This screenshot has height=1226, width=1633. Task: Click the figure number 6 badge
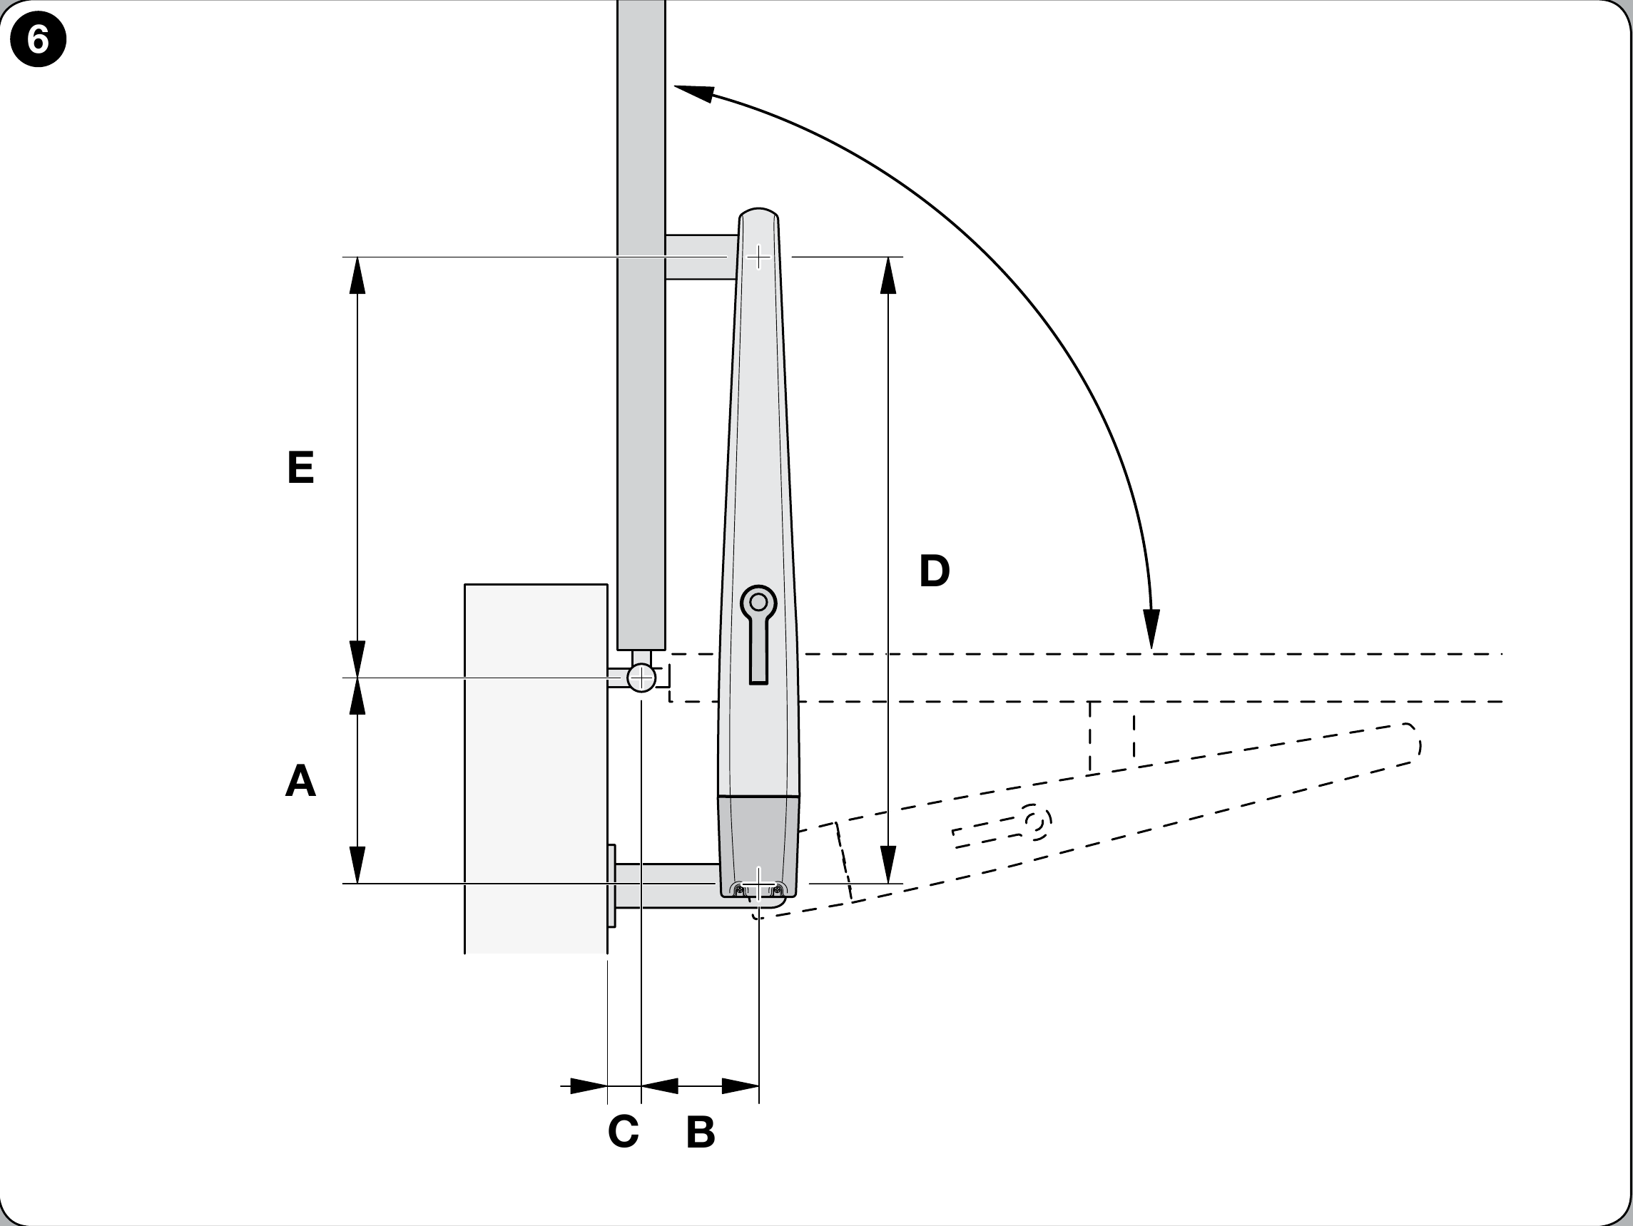point(38,39)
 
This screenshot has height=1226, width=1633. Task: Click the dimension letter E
point(300,467)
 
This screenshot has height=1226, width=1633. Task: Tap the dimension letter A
point(300,780)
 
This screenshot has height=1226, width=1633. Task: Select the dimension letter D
point(934,571)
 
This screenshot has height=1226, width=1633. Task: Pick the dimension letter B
point(701,1132)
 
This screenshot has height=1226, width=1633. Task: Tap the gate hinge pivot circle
point(641,678)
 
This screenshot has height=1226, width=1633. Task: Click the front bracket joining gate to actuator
point(701,257)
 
